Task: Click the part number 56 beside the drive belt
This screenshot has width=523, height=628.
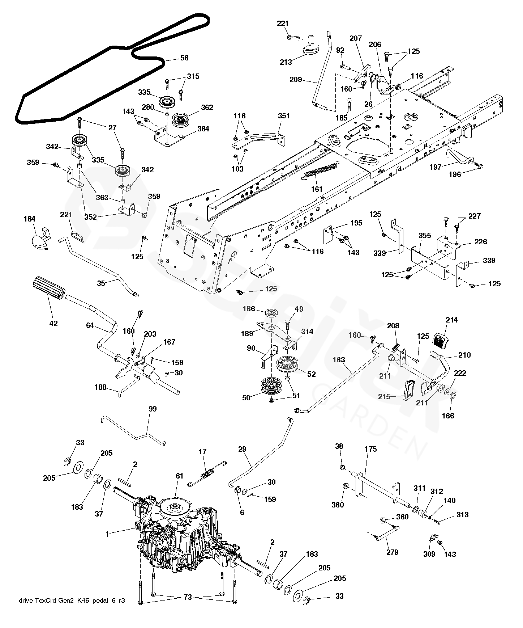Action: click(184, 58)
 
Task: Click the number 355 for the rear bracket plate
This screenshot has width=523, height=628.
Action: click(425, 236)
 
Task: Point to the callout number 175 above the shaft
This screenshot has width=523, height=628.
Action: click(370, 449)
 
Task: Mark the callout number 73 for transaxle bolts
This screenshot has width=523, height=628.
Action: click(188, 597)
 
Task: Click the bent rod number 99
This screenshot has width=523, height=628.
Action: click(153, 409)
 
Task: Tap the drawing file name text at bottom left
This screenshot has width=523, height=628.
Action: click(72, 601)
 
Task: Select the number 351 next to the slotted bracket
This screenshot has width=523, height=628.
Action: click(284, 116)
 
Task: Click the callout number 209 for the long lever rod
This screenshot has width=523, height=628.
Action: click(296, 79)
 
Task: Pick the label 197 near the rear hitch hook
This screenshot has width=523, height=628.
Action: click(436, 167)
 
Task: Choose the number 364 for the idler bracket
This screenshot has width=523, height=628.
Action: click(203, 129)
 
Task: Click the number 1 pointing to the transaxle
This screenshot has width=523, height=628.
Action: click(107, 534)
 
